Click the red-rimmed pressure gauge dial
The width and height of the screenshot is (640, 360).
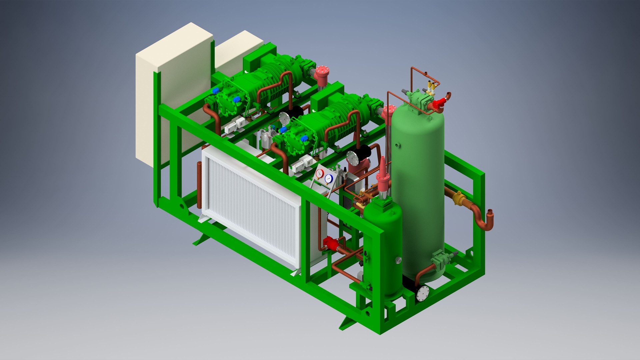(320, 173)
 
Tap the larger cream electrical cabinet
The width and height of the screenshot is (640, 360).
(173, 93)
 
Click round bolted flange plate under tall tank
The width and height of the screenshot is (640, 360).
(422, 294)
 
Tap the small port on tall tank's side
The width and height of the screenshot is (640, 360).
(397, 145)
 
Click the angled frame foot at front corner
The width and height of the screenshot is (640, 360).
(347, 323)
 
